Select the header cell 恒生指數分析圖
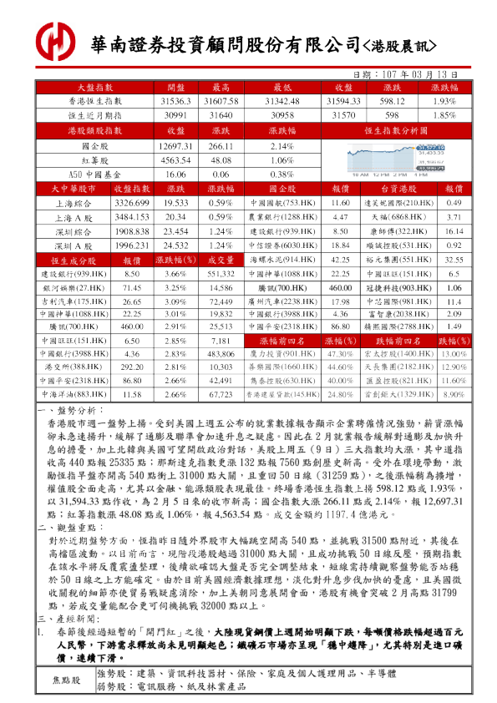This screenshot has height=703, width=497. (x=406, y=131)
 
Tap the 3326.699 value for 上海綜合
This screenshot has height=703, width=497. (x=131, y=203)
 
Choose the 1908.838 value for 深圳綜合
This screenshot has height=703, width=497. (x=131, y=230)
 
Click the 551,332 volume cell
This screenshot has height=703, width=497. (x=221, y=273)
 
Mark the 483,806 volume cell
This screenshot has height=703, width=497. (x=221, y=354)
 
